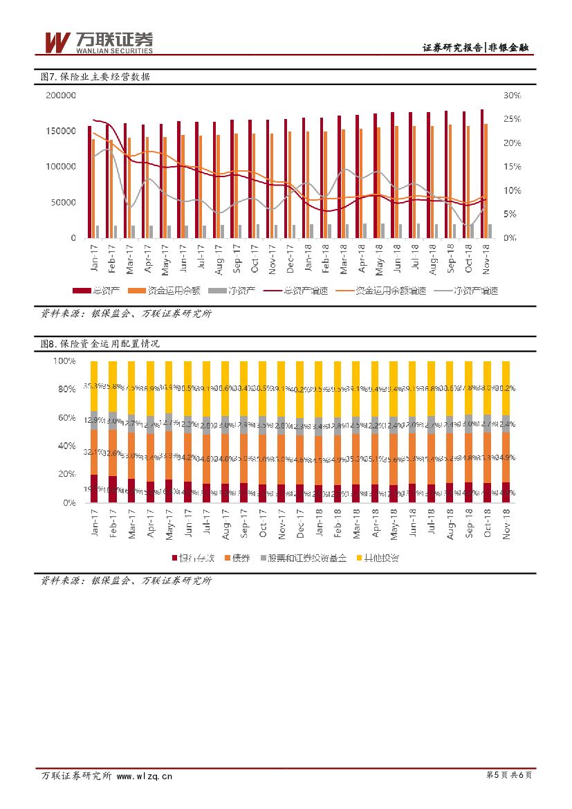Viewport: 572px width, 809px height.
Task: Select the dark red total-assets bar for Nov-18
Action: click(x=482, y=173)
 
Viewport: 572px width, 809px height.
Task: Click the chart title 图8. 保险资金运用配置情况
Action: click(x=100, y=343)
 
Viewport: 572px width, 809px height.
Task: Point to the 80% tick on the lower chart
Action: click(x=65, y=390)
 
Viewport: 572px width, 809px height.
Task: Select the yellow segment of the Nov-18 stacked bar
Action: click(x=506, y=388)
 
